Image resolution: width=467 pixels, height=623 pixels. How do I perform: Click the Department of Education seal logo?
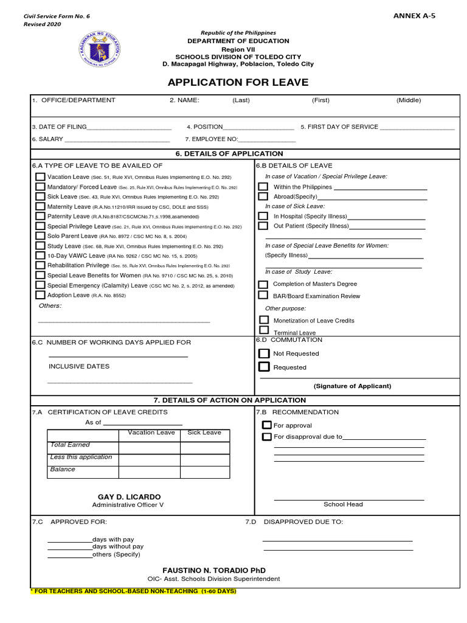(x=100, y=50)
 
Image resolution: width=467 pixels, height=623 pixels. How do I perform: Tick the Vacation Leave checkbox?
(x=40, y=176)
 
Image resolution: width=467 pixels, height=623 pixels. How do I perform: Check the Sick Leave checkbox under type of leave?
(x=40, y=197)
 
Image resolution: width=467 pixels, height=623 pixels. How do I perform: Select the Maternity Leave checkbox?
(x=40, y=206)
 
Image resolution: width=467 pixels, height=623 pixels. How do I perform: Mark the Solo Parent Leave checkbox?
(x=40, y=235)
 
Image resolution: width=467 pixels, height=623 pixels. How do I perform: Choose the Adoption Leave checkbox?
(x=40, y=294)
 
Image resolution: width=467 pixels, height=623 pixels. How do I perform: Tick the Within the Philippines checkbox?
(x=263, y=187)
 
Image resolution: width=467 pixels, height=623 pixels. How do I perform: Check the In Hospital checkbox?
(x=263, y=216)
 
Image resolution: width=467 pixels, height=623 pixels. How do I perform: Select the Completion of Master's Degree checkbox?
(x=263, y=284)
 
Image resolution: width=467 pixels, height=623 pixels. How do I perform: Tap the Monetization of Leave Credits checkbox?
(x=263, y=320)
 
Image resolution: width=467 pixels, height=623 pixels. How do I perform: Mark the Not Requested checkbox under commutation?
(x=264, y=353)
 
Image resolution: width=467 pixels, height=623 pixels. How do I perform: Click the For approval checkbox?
(x=266, y=425)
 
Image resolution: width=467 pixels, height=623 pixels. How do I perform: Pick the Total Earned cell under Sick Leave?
(x=204, y=448)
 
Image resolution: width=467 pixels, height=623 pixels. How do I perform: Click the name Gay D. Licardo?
(x=129, y=497)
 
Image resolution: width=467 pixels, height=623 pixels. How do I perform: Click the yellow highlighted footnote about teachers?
(x=133, y=591)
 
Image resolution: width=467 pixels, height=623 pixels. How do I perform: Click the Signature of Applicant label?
(x=352, y=386)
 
